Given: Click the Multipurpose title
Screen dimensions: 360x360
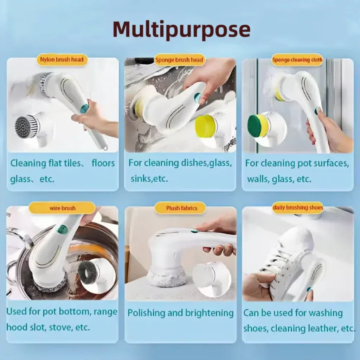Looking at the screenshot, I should coord(182,30).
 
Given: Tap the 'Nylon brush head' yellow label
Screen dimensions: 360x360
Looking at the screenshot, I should coord(62,60).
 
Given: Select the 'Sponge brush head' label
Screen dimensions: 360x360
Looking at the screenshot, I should coord(180,60).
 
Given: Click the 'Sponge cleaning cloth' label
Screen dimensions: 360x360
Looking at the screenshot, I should coord(297,60).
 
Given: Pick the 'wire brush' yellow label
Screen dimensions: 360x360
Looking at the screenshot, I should coord(62,208).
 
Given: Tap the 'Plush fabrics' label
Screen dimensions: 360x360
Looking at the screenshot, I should coord(180,208).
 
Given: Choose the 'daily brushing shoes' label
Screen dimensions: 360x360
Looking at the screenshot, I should coord(298,208).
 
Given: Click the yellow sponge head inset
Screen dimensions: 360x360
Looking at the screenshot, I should coord(206,126).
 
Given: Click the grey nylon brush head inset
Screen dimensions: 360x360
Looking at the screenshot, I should coord(27,127).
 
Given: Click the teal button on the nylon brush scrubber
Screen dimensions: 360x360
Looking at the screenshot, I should coord(84,109).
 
